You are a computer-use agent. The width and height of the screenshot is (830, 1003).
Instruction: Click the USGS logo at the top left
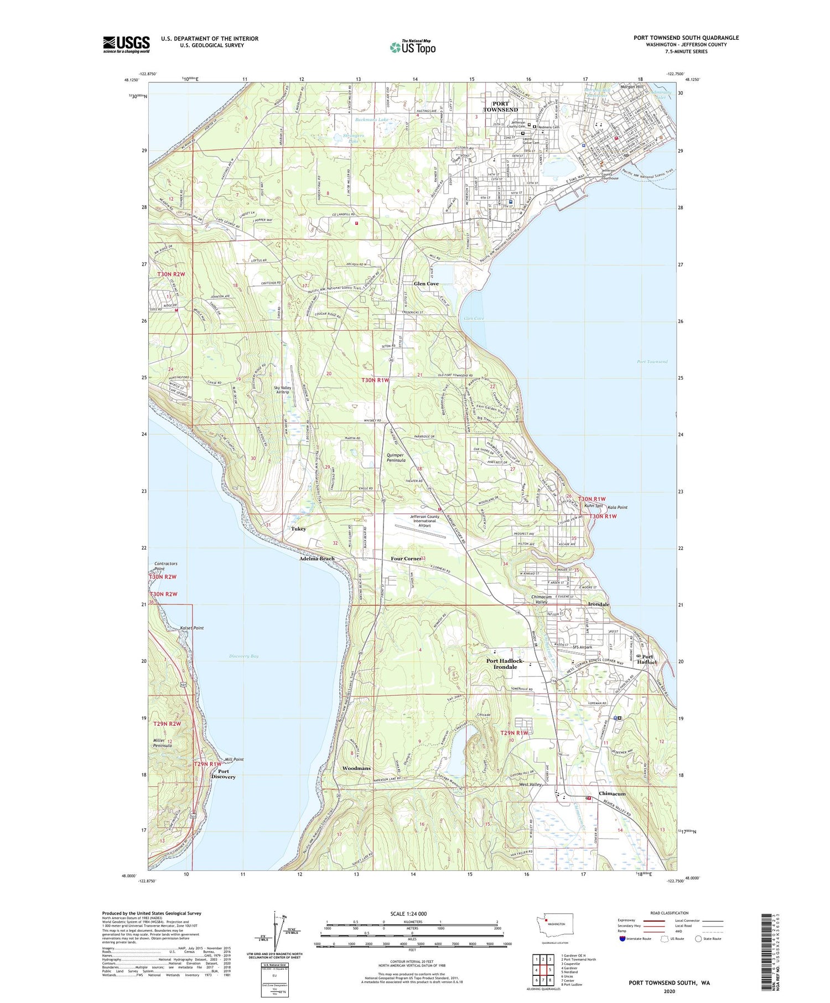point(126,44)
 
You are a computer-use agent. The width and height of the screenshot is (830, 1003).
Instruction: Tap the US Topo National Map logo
point(412,47)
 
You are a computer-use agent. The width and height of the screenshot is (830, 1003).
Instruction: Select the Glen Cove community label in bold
point(426,284)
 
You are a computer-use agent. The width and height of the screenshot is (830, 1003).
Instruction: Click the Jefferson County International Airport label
point(424,521)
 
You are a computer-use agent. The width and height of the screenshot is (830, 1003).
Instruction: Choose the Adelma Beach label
point(317,559)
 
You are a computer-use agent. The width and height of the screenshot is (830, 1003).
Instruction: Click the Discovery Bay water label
point(244,656)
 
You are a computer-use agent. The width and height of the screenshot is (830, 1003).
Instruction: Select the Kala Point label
point(617,507)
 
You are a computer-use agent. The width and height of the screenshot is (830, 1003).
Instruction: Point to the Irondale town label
point(599,605)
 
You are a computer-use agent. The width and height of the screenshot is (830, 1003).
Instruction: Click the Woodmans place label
point(356,768)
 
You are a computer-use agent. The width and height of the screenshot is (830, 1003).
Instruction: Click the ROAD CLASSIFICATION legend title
point(670,913)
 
